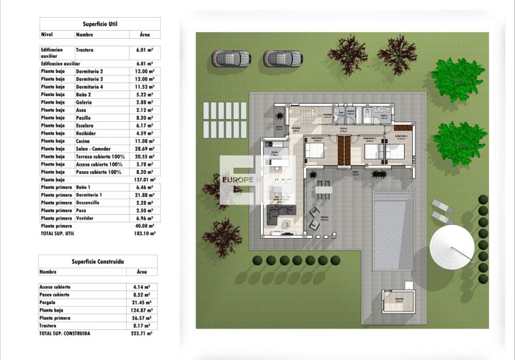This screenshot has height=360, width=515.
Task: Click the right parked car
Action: click(282, 59)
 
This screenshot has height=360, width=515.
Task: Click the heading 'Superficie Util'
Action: click(99, 23)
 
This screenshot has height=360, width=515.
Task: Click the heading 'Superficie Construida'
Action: click(98, 260)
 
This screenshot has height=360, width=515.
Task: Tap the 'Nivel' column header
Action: click(47, 34)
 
